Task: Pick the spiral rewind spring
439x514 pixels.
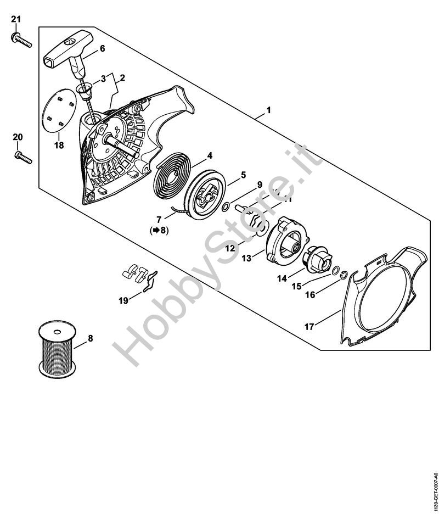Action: click(x=172, y=175)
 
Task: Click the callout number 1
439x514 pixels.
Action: click(x=268, y=110)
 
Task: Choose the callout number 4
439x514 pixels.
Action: click(x=210, y=155)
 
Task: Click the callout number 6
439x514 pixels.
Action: click(x=102, y=48)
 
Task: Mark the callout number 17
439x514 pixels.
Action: click(x=309, y=327)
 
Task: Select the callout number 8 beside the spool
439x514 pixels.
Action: click(x=91, y=338)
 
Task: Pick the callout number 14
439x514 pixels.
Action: click(x=282, y=278)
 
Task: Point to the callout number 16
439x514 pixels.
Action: click(x=310, y=295)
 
